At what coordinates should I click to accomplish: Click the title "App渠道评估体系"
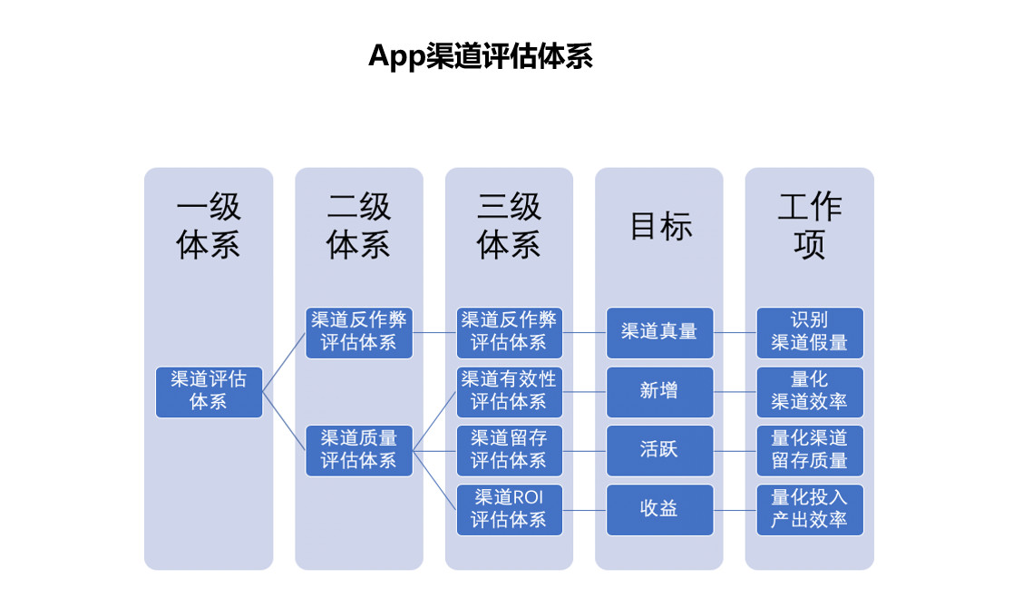(x=480, y=56)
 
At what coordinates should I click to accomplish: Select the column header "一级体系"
(x=209, y=226)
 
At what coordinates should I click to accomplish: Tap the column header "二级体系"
(x=358, y=226)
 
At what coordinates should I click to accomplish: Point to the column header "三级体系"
(x=509, y=226)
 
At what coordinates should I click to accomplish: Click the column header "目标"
(x=659, y=227)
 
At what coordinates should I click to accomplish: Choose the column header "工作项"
(x=809, y=226)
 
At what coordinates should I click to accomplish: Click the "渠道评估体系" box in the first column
(x=209, y=391)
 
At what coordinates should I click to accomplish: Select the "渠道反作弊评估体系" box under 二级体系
(x=358, y=332)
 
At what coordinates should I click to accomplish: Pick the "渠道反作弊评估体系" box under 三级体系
(x=509, y=332)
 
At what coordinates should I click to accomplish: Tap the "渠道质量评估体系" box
(x=358, y=450)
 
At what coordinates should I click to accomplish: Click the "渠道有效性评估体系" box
(x=509, y=391)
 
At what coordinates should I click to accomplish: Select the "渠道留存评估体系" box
(x=509, y=450)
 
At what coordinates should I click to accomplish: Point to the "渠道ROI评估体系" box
(x=509, y=509)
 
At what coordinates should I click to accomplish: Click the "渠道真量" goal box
(x=659, y=332)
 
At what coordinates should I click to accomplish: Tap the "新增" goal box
(x=659, y=391)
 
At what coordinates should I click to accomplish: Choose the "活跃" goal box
(x=659, y=450)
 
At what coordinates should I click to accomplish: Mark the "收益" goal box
(x=659, y=509)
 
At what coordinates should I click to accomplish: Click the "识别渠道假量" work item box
(x=809, y=332)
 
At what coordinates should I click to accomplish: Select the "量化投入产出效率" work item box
(x=809, y=509)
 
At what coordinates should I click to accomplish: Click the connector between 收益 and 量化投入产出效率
(x=735, y=509)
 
